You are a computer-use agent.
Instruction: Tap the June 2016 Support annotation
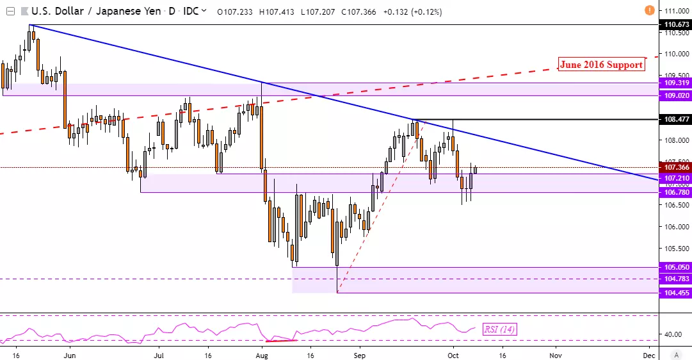[600, 64]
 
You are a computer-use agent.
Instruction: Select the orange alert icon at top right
[650, 10]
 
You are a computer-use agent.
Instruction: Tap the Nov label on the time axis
[555, 354]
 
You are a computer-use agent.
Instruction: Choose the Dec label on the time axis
[648, 354]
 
